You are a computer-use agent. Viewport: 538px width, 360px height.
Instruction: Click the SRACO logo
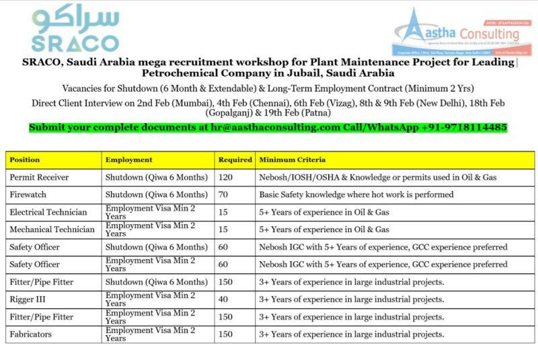tap(75, 30)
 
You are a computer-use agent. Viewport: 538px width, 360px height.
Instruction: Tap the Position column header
tap(25, 160)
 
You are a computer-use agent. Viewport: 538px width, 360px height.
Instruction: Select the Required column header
tap(235, 160)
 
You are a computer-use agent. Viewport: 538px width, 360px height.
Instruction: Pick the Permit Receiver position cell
tap(39, 178)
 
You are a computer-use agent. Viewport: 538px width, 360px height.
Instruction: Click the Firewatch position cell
tap(28, 194)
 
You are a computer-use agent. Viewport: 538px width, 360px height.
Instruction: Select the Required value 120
tap(226, 178)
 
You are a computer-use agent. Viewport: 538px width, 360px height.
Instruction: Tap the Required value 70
tap(223, 194)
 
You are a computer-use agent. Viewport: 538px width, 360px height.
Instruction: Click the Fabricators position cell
tap(31, 334)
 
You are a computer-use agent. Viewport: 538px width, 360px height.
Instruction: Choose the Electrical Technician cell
tap(51, 212)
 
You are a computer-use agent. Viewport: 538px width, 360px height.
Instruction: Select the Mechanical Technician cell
tap(52, 229)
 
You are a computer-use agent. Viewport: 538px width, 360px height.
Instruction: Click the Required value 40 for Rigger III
tap(223, 299)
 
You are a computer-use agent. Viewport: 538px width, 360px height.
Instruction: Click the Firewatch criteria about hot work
tap(356, 194)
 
